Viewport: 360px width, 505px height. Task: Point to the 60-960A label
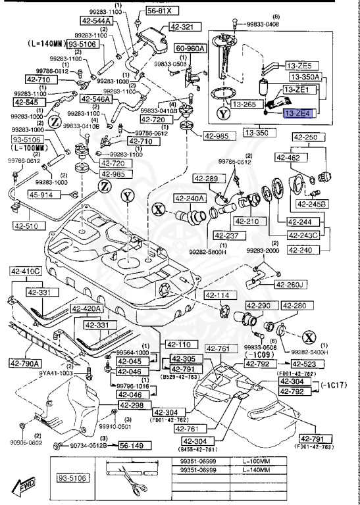point(191,48)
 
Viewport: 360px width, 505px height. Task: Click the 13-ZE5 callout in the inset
point(302,66)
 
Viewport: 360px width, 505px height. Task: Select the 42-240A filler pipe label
point(190,198)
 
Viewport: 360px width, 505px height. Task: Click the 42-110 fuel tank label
point(178,345)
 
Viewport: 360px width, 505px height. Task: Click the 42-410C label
point(25,271)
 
